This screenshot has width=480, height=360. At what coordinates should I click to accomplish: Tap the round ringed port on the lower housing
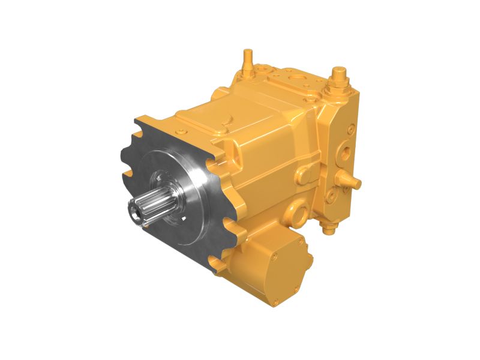pos(298,212)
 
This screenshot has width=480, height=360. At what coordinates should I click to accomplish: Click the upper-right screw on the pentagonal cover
pos(299,247)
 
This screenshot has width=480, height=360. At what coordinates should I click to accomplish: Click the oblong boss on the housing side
pos(304,174)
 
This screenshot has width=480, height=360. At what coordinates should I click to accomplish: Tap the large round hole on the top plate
pos(296,79)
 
